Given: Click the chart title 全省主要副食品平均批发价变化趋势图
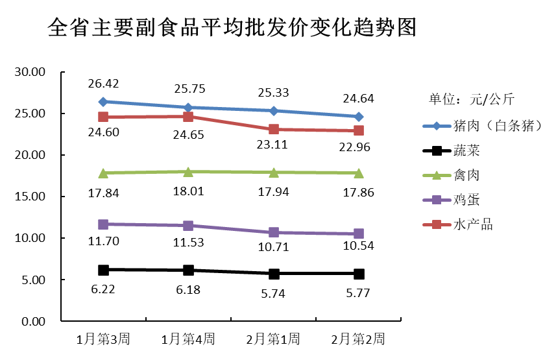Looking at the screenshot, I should (x=232, y=28).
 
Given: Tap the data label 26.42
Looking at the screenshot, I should (x=103, y=84).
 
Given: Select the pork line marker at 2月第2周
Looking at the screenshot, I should (x=359, y=117).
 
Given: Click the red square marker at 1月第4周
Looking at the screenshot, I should (x=188, y=117).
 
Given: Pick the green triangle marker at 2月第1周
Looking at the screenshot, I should (x=274, y=172).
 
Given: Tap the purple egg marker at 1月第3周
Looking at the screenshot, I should (x=103, y=224).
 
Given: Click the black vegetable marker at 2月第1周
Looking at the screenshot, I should (x=274, y=274).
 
